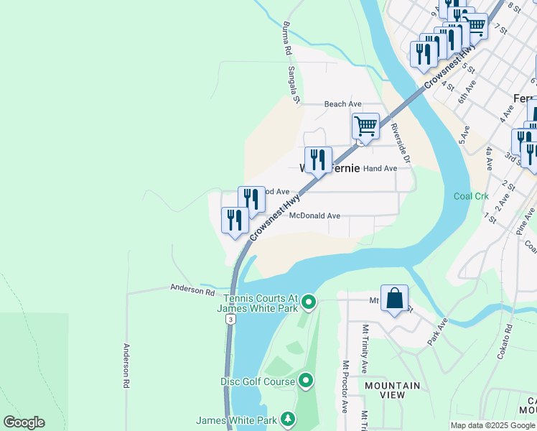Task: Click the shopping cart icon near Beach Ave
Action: pyautogui.click(x=365, y=126)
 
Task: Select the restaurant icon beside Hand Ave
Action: pyautogui.click(x=318, y=160)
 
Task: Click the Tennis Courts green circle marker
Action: pyautogui.click(x=309, y=302)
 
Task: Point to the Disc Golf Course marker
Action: pyautogui.click(x=306, y=381)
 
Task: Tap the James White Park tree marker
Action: pyautogui.click(x=288, y=419)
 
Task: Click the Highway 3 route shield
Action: pyautogui.click(x=229, y=319)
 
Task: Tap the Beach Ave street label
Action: pyautogui.click(x=342, y=104)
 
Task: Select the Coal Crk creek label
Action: pyautogui.click(x=471, y=196)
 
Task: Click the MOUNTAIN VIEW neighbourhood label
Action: pyautogui.click(x=392, y=391)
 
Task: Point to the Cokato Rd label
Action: pyautogui.click(x=508, y=338)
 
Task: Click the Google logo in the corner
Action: pyautogui.click(x=24, y=422)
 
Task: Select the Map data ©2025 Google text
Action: pyautogui.click(x=492, y=425)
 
